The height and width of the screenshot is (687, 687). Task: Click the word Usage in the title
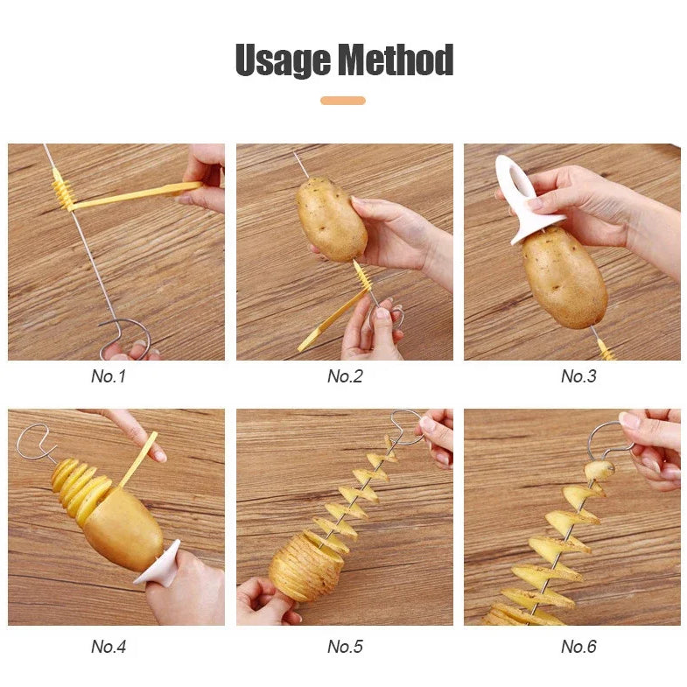coord(284,60)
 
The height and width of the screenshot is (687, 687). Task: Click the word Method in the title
coord(396,60)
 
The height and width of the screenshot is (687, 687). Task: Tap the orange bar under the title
coord(343,101)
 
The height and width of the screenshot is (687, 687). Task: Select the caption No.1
coord(109,376)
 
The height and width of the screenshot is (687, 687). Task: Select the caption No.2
coord(345,376)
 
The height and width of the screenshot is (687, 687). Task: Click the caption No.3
coord(578,376)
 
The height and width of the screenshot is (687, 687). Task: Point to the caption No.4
coord(109,646)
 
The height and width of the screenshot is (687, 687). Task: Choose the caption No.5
coord(345,646)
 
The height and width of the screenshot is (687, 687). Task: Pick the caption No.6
coord(578,646)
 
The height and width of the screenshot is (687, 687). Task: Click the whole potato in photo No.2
coord(332,220)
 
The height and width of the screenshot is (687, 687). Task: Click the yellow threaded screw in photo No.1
coord(64,191)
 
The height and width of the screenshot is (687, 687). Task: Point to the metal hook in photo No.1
coord(127,337)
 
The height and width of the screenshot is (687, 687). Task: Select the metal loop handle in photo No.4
coord(34,443)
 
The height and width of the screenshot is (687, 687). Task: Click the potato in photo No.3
coord(564,278)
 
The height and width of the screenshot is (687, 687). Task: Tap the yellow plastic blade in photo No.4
coord(138,459)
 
